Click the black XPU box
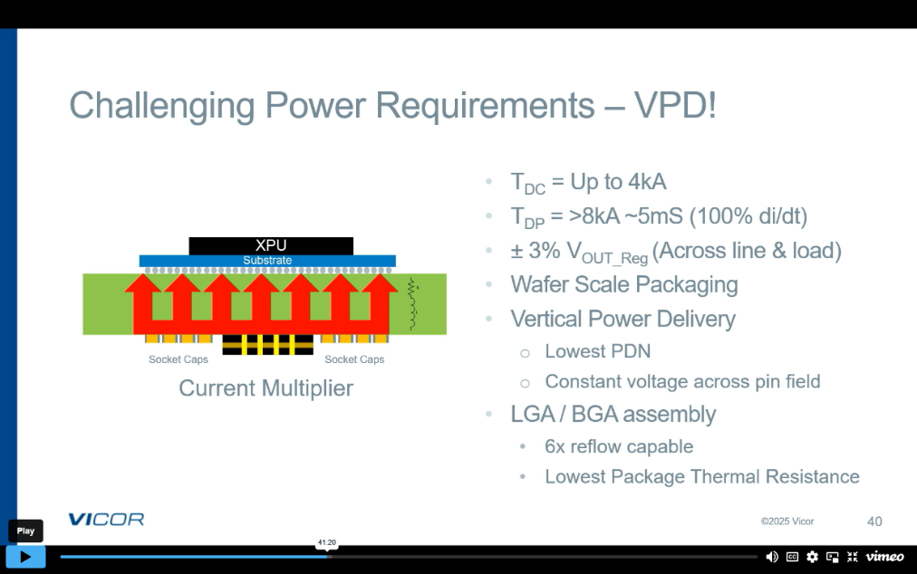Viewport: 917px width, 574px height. (271, 245)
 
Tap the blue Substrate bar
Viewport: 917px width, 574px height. (267, 261)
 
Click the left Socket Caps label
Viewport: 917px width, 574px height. (179, 359)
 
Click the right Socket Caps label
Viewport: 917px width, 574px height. (354, 359)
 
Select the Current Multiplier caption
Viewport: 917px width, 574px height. (265, 388)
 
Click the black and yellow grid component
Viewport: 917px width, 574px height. (267, 344)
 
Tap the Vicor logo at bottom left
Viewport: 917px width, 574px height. (106, 520)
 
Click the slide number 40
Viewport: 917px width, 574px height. (874, 521)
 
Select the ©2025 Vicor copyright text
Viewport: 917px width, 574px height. (787, 521)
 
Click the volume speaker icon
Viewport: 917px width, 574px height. (772, 557)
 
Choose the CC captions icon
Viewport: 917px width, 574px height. (792, 557)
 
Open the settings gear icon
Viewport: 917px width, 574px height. (812, 557)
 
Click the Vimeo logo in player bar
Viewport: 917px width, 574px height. (884, 557)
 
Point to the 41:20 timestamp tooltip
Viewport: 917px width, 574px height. (326, 543)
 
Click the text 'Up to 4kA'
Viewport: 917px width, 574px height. (618, 182)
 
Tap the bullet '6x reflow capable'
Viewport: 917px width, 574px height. (618, 446)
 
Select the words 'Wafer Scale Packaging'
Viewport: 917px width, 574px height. (624, 284)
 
